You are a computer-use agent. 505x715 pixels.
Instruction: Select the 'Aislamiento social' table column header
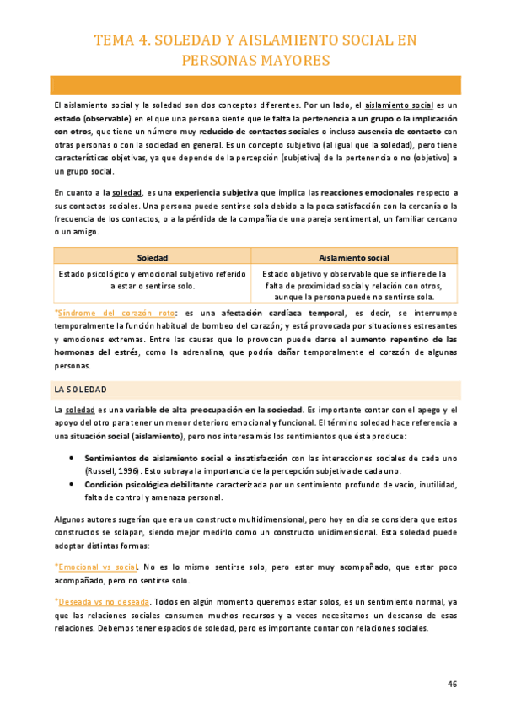pyautogui.click(x=354, y=257)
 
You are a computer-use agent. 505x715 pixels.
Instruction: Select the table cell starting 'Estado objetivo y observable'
pyautogui.click(x=354, y=285)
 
